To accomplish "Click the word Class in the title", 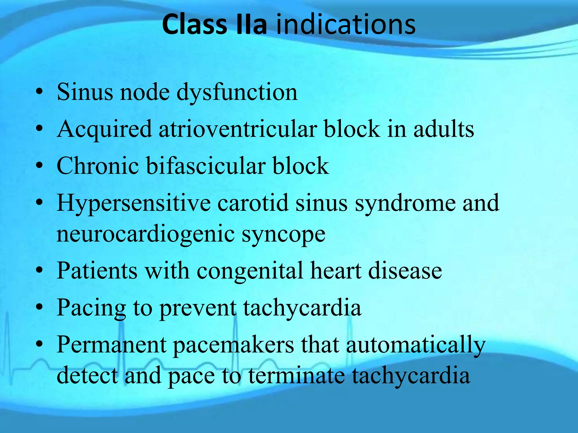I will pos(194,25).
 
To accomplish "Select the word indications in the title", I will pos(345,25).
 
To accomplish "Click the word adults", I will pos(444,129).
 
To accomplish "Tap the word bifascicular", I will pos(205,166).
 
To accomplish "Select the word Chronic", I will pos(98,166).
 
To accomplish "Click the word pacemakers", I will pos(233,345).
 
